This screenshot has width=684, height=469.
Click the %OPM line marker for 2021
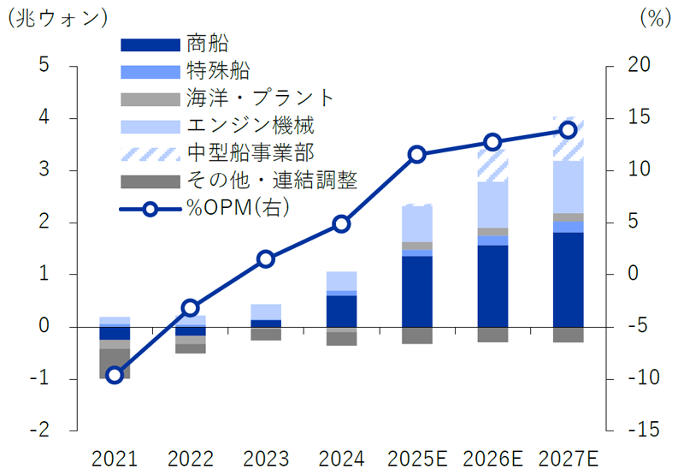click(115, 375)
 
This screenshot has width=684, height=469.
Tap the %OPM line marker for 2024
click(341, 224)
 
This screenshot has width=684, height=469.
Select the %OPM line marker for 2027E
click(568, 130)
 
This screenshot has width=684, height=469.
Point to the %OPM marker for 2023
click(266, 258)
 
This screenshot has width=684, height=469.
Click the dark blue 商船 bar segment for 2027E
click(568, 279)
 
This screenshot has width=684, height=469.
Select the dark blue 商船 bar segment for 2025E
click(416, 291)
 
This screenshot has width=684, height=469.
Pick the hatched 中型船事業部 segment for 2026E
click(492, 165)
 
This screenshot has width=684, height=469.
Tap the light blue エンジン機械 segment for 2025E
click(416, 224)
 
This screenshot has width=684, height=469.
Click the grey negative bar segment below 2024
click(341, 339)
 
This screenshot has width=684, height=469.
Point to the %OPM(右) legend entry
click(236, 209)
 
